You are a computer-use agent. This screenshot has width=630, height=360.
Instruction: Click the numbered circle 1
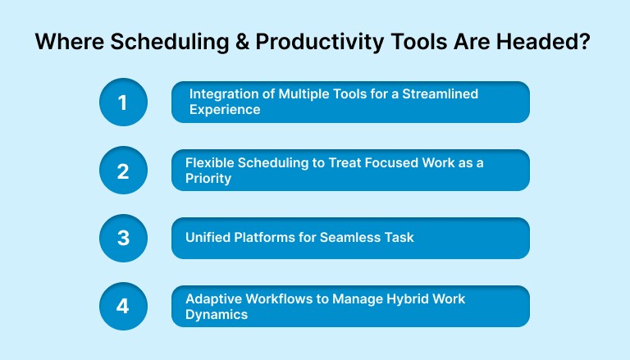point(123,102)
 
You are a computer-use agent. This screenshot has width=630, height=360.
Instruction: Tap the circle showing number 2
point(123,170)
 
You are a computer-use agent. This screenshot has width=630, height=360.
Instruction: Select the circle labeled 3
point(123,238)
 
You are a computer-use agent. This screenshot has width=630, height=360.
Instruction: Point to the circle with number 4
point(123,306)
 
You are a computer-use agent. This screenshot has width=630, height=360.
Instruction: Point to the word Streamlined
point(443,94)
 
